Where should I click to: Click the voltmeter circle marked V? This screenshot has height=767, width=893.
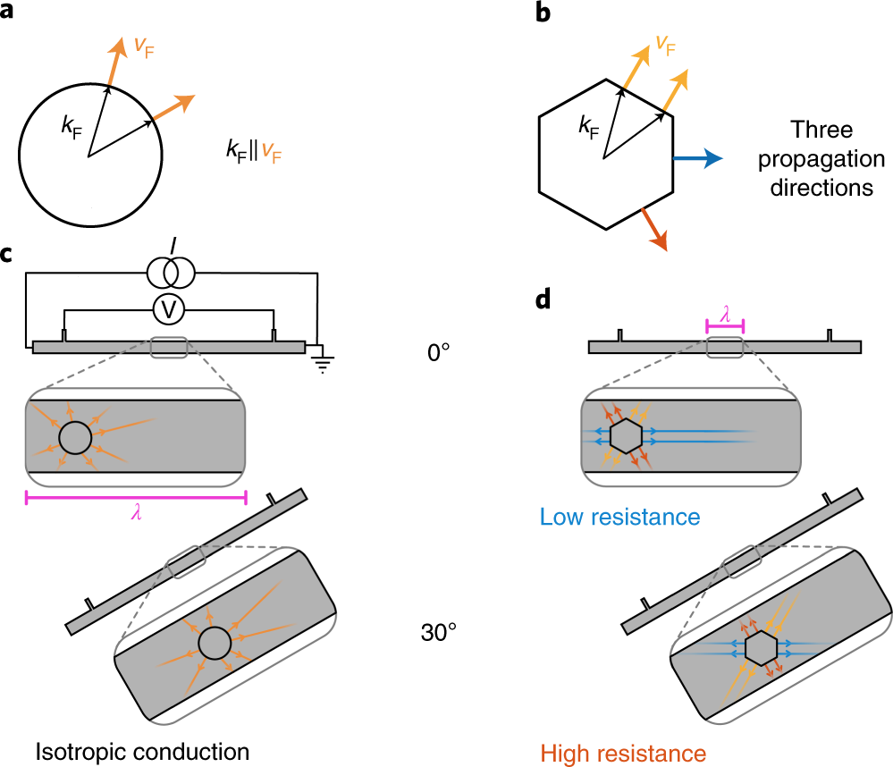click(167, 309)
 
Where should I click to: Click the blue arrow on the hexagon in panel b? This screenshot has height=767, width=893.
click(697, 159)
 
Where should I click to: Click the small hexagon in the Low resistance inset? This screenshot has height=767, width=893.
click(625, 436)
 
